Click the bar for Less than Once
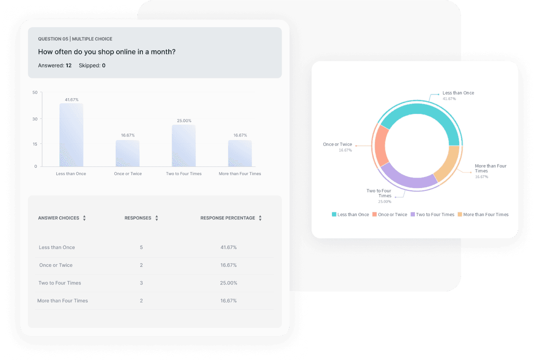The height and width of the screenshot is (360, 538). pos(71,135)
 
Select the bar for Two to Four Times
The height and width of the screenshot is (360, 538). pos(183,146)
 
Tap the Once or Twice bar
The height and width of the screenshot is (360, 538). pos(127,153)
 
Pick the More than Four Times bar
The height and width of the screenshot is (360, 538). pos(240,153)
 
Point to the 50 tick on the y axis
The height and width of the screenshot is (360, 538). pos(35,93)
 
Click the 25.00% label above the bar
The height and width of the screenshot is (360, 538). pos(184,121)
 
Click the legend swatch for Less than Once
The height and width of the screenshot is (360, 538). pos(334,214)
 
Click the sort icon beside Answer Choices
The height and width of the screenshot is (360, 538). pos(84,218)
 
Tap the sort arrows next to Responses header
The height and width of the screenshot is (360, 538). pos(157,218)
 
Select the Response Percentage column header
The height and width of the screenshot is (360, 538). pos(227,218)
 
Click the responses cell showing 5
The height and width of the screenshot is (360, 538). pos(141,248)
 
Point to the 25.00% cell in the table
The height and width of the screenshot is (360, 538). pos(228,283)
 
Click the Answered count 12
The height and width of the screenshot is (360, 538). pos(69,65)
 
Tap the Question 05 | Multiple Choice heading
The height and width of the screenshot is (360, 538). pos(75,39)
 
